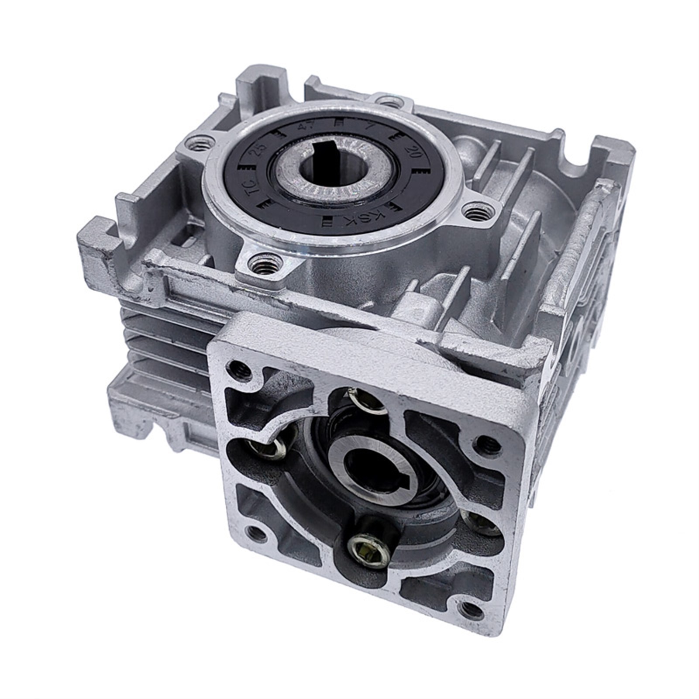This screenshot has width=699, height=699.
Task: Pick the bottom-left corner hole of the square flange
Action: (254, 532)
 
